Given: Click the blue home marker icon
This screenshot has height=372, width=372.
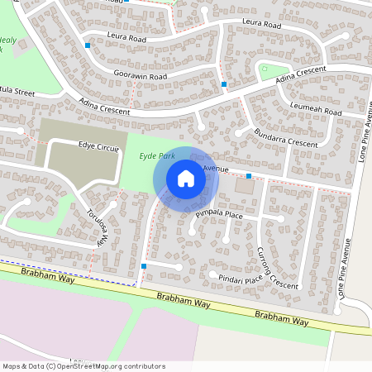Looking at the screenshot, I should tap(186, 179).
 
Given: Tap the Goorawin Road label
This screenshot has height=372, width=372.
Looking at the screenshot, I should tap(141, 76).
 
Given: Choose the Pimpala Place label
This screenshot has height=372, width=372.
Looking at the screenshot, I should tap(219, 215).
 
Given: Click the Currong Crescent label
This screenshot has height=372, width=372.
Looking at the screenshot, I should tap(277, 268).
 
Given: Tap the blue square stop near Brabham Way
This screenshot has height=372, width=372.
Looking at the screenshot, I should tap(144, 266).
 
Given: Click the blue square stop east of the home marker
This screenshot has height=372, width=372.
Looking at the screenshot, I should tap(249, 176).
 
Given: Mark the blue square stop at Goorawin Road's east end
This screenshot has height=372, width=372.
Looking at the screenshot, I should tap(224, 84).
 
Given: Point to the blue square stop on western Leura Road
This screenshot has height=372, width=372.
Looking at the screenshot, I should tap(88, 45).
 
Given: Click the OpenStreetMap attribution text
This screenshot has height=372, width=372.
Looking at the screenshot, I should tap(83, 365).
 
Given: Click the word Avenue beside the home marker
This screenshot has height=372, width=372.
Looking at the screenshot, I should tap(216, 169).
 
